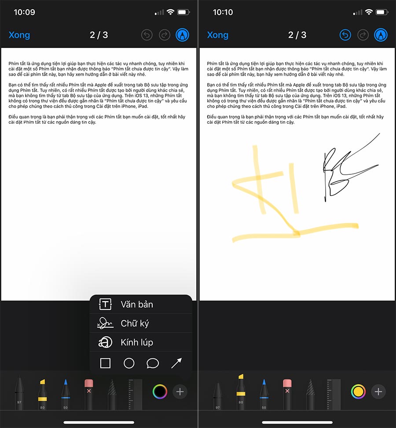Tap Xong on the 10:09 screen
19,35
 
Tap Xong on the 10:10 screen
218,35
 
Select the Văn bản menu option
137,304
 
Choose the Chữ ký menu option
135,324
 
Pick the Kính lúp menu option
137,342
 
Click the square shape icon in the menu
105,363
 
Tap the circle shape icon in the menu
129,363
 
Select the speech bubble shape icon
153,363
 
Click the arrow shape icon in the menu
176,363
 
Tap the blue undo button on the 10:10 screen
345,35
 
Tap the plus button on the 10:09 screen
180,392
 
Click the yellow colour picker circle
358,392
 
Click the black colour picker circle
160,392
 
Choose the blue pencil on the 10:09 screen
66,394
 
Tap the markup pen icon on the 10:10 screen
381,35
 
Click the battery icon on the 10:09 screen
183,12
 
